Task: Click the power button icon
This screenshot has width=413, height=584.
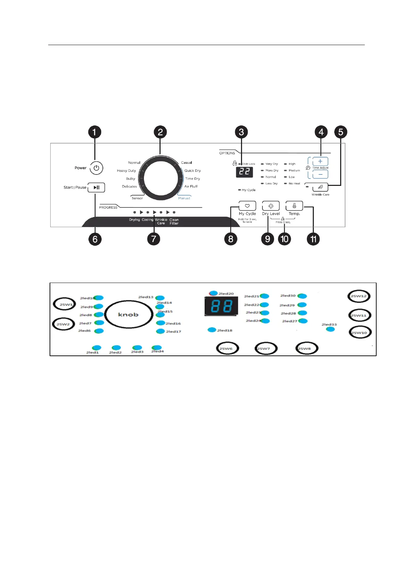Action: [x=96, y=168]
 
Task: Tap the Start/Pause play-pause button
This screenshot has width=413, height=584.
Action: [x=96, y=188]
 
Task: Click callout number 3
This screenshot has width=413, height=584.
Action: [x=241, y=132]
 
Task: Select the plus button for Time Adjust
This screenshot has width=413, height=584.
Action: [x=320, y=161]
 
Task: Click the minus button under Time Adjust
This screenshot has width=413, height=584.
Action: [x=320, y=174]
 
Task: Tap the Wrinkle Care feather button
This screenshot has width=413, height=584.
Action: [x=320, y=187]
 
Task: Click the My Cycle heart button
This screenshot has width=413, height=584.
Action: [x=247, y=206]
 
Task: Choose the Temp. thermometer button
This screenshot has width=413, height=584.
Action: [x=294, y=206]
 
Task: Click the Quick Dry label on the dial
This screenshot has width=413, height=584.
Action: [x=192, y=171]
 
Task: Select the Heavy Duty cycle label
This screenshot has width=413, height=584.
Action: [x=126, y=171]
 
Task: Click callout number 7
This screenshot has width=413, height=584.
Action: [x=154, y=239]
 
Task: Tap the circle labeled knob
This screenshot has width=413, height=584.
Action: [x=129, y=315]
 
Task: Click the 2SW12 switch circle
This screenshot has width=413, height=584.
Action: [x=359, y=296]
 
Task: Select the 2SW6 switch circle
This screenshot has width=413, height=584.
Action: [x=227, y=348]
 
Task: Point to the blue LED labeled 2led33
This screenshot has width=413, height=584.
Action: [x=330, y=329]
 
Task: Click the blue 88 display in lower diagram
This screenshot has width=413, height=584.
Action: [x=221, y=306]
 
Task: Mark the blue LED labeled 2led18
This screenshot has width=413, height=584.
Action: [x=212, y=330]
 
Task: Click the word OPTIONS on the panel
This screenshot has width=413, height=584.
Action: [x=227, y=153]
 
